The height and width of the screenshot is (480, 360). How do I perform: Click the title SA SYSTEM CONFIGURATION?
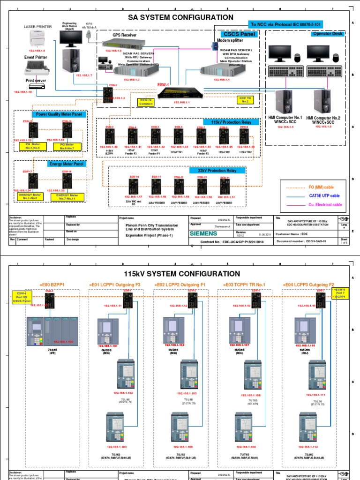coord(180,17)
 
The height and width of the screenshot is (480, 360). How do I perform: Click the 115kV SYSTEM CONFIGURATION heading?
coord(181,273)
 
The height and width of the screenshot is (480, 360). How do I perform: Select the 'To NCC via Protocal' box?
coord(285,24)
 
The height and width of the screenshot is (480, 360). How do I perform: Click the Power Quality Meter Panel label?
coord(59,114)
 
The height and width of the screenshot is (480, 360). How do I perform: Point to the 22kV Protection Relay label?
coord(217,171)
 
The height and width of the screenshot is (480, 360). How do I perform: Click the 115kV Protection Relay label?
coord(231,122)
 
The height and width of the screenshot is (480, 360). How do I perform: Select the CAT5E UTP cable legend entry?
coord(323,195)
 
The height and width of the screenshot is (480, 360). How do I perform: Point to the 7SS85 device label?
coord(39,350)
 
